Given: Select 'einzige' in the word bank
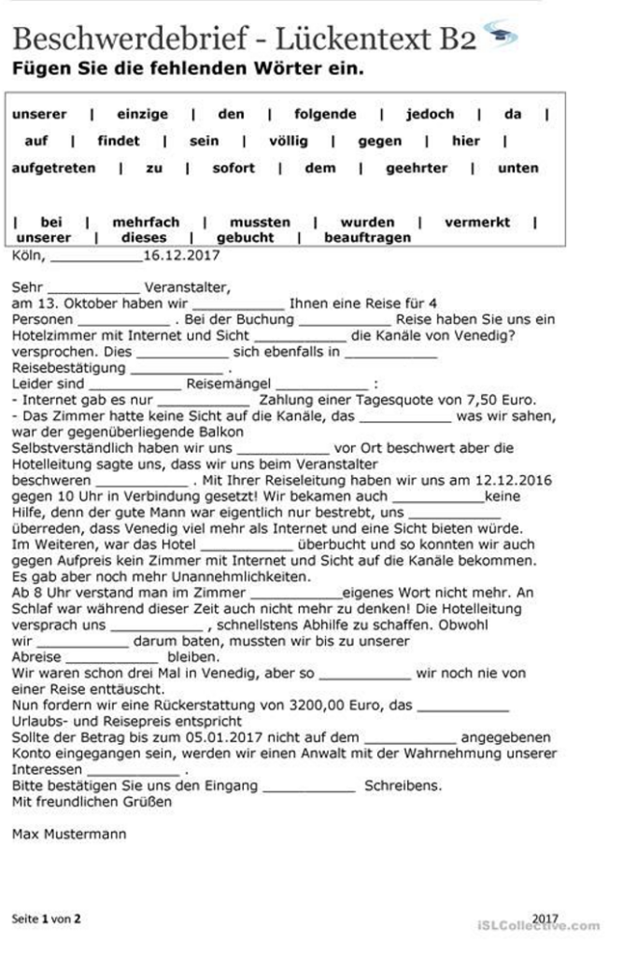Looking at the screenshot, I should pyautogui.click(x=143, y=114).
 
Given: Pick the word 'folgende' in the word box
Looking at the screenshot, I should pyautogui.click(x=325, y=114).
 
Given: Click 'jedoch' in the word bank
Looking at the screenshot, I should pyautogui.click(x=430, y=114).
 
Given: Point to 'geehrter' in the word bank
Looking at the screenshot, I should pyautogui.click(x=417, y=168).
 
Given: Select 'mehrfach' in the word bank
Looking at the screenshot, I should pyautogui.click(x=146, y=222).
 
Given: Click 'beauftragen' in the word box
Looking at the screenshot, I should pyautogui.click(x=367, y=237).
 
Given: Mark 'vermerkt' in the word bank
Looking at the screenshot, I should pyautogui.click(x=477, y=222).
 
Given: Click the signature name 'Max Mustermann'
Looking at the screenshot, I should pyautogui.click(x=68, y=833).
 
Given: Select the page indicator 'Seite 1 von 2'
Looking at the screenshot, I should pyautogui.click(x=46, y=919).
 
